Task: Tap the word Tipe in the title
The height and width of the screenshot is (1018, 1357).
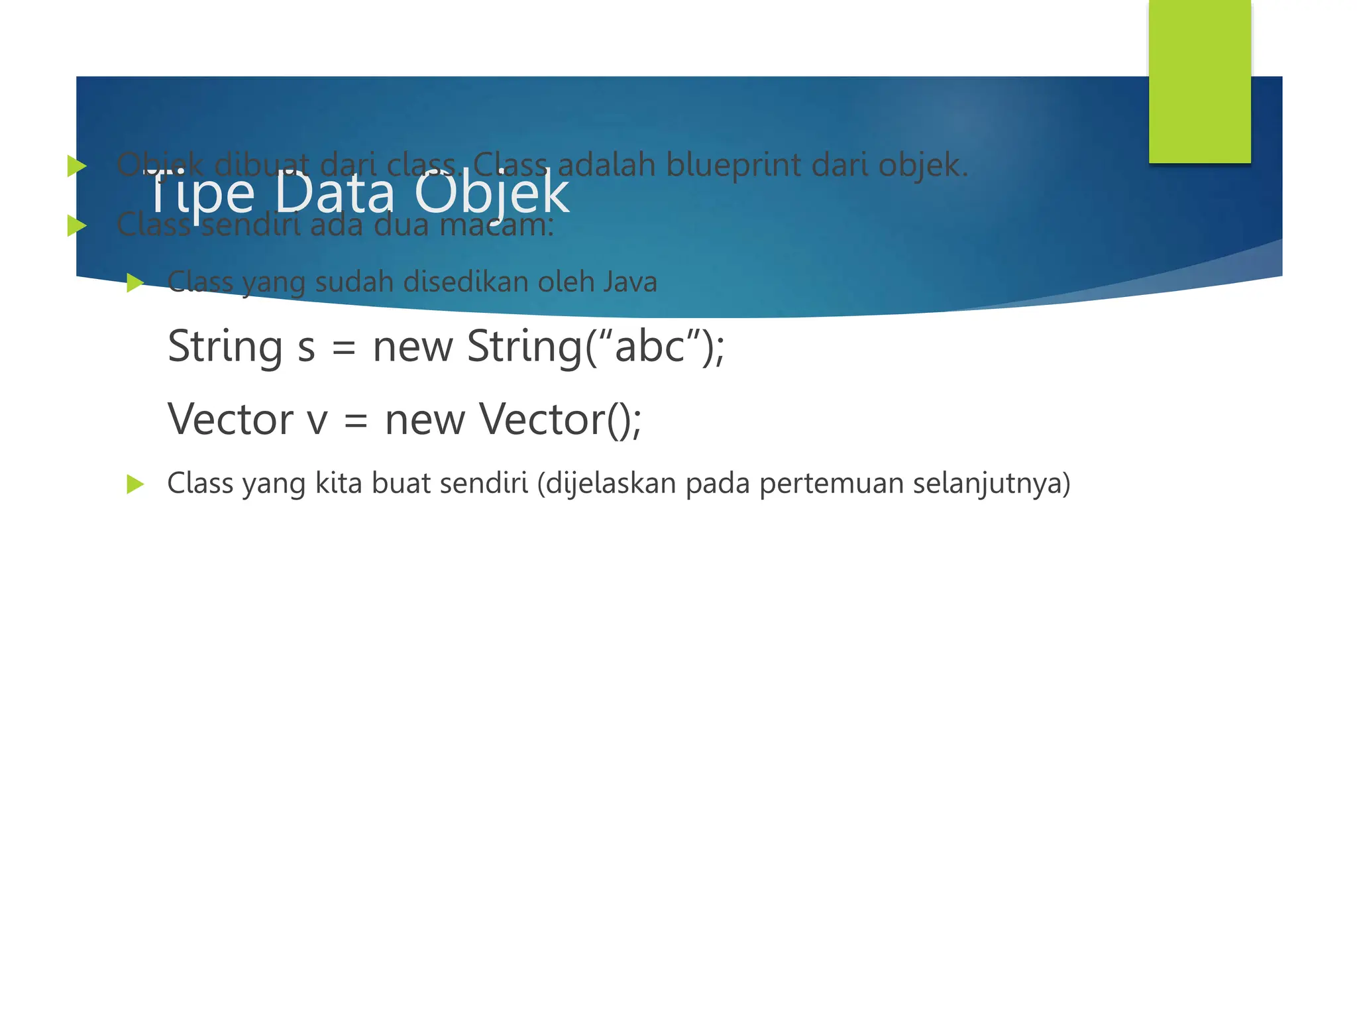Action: coord(199,193)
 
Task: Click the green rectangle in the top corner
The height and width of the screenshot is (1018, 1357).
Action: coord(1199,81)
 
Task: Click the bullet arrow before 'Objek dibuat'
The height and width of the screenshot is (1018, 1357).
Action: coord(77,166)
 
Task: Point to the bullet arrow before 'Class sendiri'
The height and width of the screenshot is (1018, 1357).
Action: coord(77,226)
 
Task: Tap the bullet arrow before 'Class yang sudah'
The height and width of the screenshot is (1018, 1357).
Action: coord(135,283)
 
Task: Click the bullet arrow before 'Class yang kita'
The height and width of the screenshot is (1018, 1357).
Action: coord(135,484)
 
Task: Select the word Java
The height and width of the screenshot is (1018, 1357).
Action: coord(629,282)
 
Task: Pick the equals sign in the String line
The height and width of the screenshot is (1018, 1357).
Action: coord(344,347)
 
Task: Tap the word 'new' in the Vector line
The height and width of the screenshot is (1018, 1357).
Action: coord(425,420)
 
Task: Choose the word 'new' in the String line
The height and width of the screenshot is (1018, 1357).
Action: coord(413,347)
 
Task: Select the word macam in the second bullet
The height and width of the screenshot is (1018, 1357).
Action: coord(496,225)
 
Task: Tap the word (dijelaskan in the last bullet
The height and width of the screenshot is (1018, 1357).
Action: coord(607,483)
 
